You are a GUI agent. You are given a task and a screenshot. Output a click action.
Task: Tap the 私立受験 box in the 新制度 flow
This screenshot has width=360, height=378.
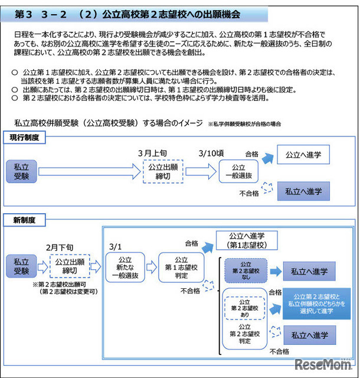tap(21, 266)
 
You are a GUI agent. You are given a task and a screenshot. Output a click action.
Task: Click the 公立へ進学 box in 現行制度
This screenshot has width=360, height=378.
tap(303, 155)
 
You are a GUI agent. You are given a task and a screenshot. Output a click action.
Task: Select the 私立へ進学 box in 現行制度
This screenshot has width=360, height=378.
tap(303, 190)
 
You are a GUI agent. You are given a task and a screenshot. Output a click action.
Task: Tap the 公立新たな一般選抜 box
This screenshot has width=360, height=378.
tap(126, 268)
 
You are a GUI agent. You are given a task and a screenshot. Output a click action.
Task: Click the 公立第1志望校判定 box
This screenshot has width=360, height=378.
tap(181, 268)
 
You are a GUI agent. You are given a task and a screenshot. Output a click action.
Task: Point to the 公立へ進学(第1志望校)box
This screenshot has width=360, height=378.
tap(248, 239)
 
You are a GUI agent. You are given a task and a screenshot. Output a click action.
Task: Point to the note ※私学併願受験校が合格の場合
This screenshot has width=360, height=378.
tap(244, 124)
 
